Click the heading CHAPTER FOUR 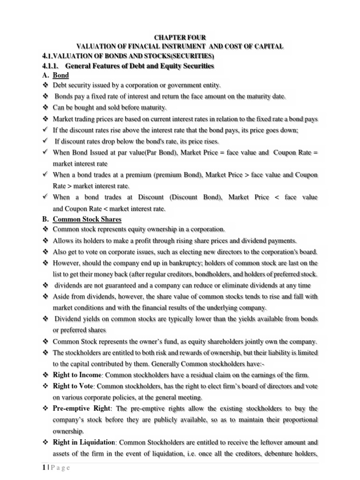(x=180, y=37)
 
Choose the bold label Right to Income (x=77, y=375)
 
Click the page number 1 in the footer (x=43, y=468)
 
